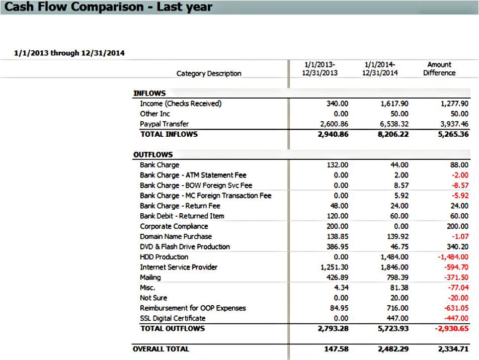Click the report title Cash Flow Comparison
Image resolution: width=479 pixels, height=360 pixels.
(x=107, y=7)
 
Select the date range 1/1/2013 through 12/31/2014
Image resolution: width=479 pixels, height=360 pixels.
(x=70, y=52)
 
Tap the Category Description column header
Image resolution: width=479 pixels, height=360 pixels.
(x=209, y=73)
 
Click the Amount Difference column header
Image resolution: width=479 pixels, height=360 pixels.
(x=439, y=68)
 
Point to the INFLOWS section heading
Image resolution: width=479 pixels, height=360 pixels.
(x=149, y=93)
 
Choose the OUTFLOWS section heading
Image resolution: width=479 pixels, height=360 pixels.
(x=153, y=155)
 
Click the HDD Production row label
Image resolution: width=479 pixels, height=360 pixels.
(x=164, y=257)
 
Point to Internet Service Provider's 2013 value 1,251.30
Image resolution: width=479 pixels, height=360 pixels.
(x=334, y=267)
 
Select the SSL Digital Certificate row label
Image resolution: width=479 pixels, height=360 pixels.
(x=173, y=318)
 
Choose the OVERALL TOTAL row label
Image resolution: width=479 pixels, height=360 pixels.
(x=161, y=349)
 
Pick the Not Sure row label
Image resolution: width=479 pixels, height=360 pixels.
(x=153, y=298)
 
